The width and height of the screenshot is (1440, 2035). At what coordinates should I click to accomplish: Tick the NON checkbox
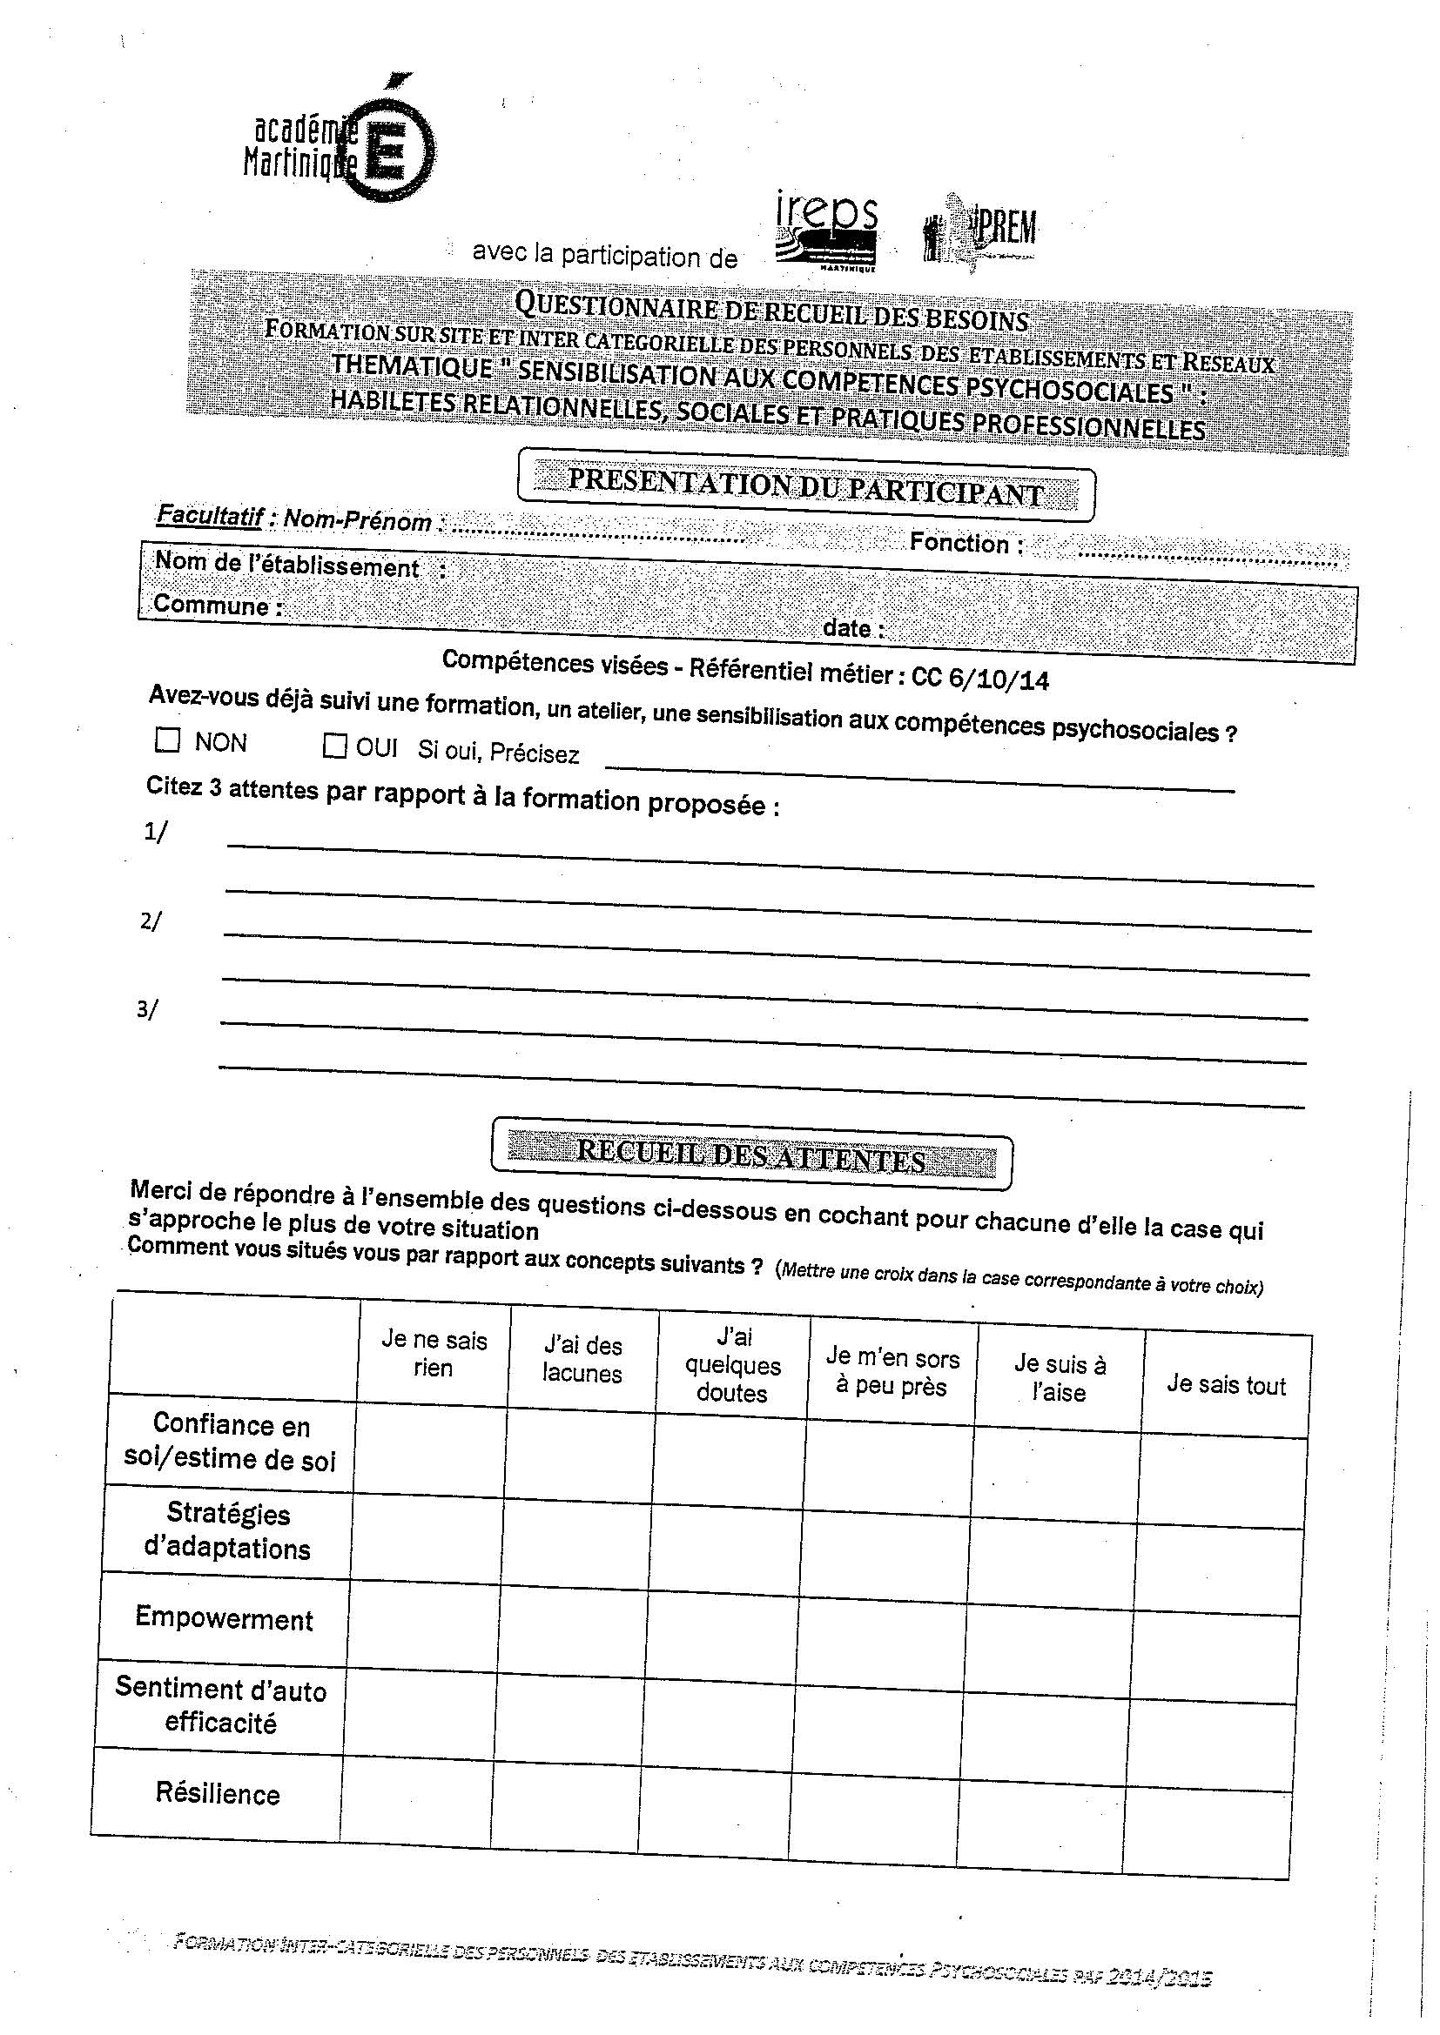point(166,740)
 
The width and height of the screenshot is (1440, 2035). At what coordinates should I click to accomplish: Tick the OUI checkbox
point(334,746)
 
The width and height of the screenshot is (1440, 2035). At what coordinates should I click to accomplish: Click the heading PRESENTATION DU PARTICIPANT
point(804,487)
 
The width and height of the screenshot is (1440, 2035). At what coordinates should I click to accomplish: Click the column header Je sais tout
point(1226,1384)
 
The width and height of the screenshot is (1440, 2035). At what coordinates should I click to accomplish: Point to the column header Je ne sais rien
point(434,1354)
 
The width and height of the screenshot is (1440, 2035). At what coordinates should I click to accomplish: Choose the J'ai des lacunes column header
point(582,1360)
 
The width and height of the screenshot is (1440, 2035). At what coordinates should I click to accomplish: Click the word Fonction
point(959,542)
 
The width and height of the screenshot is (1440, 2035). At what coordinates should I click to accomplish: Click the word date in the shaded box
point(847,627)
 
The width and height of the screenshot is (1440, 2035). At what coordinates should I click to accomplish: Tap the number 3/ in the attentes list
point(147,1009)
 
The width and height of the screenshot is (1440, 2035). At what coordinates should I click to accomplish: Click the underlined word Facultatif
point(209,515)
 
